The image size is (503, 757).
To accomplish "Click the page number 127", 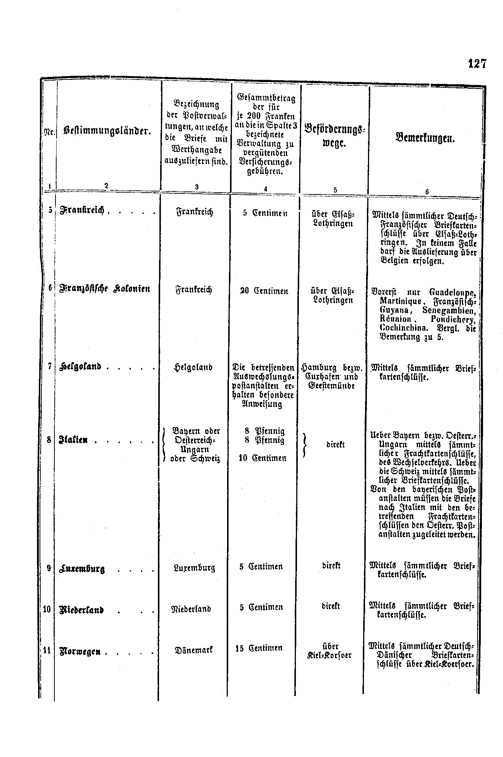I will tap(477, 64).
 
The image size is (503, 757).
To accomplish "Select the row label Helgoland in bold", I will tap(80, 367).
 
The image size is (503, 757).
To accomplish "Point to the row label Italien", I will tap(73, 441).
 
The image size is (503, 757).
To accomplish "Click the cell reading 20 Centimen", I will tap(264, 291).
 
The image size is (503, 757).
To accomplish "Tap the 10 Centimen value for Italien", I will tap(263, 458).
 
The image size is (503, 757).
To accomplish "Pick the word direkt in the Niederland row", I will tap(331, 606).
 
